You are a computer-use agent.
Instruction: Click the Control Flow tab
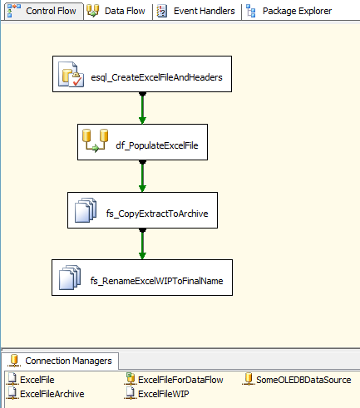click(44, 11)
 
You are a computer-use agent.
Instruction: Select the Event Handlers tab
click(196, 11)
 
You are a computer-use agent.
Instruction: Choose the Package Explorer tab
click(289, 11)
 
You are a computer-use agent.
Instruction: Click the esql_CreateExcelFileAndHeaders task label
click(156, 77)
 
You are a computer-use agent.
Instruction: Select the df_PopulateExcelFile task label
click(157, 145)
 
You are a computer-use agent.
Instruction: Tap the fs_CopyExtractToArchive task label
click(157, 214)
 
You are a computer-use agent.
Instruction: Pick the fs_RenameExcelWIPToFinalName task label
click(157, 281)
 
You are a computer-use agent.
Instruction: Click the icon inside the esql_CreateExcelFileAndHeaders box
click(71, 75)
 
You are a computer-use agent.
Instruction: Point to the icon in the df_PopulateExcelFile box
click(96, 140)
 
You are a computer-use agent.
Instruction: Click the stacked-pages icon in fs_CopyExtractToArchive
click(86, 210)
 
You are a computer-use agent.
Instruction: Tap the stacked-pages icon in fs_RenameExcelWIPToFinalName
click(70, 278)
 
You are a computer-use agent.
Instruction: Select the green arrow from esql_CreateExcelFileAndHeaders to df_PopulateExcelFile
click(142, 108)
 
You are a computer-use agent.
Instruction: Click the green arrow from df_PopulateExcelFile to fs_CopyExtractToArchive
click(142, 176)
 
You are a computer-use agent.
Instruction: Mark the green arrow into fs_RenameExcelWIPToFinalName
click(142, 244)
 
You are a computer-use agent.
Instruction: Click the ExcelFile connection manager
click(31, 380)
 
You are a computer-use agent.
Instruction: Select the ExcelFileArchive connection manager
click(46, 394)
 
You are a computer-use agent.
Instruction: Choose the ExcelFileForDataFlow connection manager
click(174, 380)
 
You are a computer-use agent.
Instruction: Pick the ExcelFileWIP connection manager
click(157, 394)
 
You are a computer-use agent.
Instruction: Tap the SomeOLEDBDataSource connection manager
click(297, 380)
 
